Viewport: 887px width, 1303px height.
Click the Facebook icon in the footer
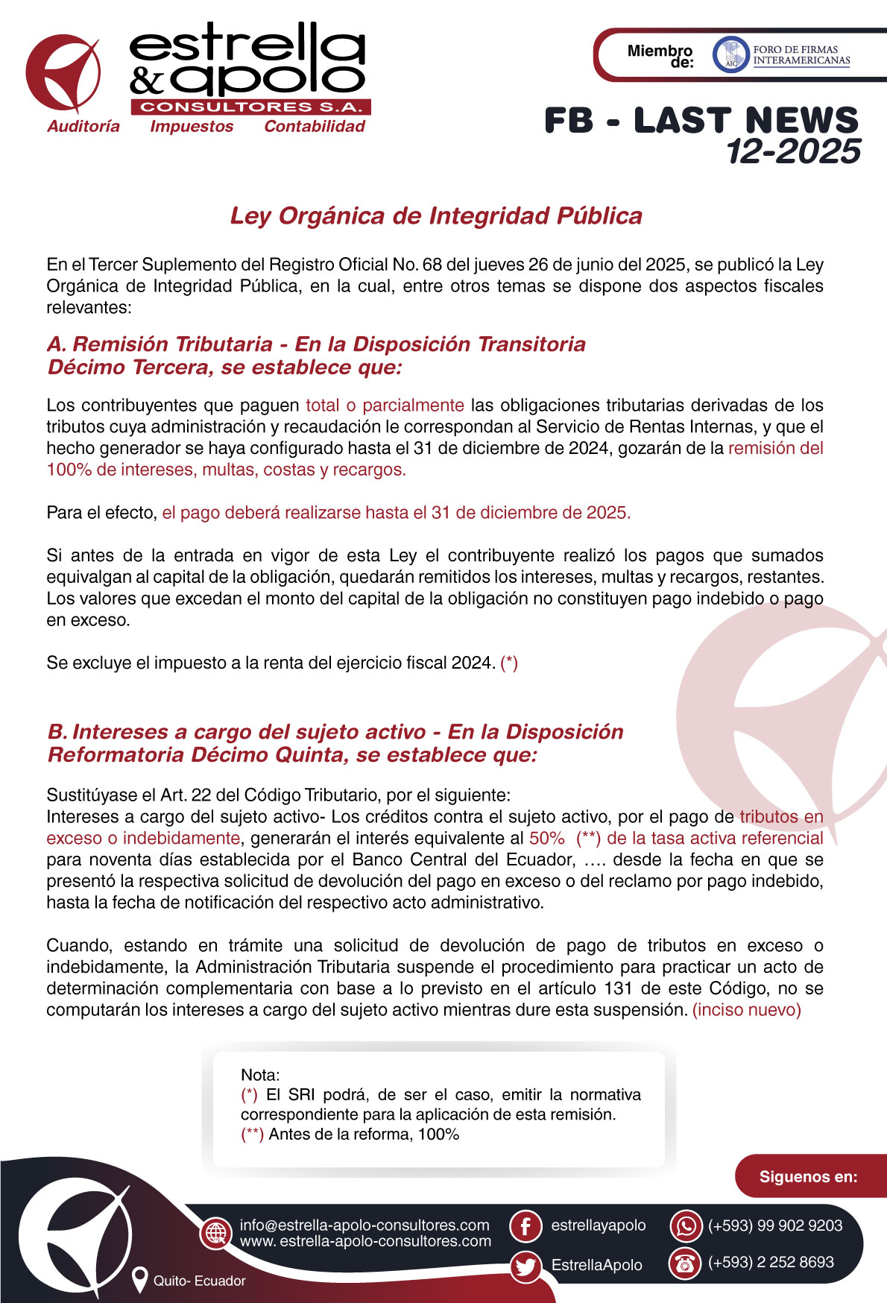tap(525, 1226)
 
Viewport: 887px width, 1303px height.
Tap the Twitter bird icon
tap(525, 1266)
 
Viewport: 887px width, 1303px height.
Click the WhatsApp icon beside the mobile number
tap(685, 1226)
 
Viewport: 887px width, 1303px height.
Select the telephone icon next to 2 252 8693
tap(685, 1263)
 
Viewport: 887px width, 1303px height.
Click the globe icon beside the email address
tap(216, 1233)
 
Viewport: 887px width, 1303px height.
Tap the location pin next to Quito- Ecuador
tap(139, 1280)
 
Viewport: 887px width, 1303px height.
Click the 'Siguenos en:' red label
tap(808, 1177)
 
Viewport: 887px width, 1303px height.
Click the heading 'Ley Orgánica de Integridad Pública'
tap(436, 216)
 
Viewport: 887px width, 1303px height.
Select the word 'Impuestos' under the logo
tap(192, 127)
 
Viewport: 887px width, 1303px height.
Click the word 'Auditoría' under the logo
tap(83, 127)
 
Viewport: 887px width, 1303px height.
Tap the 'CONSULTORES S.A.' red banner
tap(250, 107)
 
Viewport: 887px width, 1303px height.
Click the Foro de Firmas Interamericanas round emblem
tap(730, 54)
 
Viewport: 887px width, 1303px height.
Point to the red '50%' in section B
tap(546, 838)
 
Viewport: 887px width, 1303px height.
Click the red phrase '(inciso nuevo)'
tap(746, 1010)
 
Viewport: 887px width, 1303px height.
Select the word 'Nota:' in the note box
tap(260, 1075)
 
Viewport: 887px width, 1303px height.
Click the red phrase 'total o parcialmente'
tap(385, 406)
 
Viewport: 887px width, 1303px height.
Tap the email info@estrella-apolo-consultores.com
tap(364, 1225)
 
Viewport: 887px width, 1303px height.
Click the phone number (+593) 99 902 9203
tap(774, 1226)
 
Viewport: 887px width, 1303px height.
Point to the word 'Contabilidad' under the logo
tap(315, 127)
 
